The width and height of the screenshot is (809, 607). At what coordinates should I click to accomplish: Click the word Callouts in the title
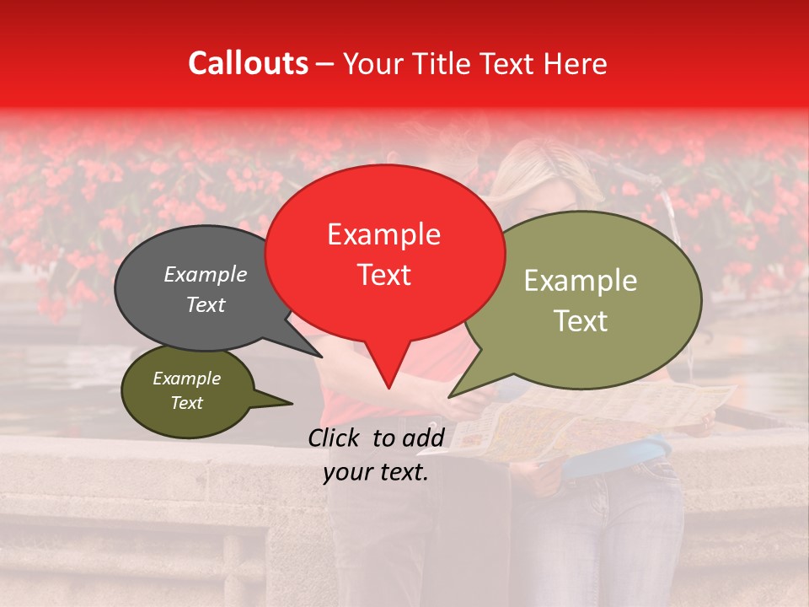[248, 63]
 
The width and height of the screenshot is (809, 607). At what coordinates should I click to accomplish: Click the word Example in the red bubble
[383, 234]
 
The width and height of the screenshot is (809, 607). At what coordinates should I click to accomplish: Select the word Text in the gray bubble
[205, 304]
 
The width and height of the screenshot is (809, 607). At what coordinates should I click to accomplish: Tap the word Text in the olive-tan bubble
[581, 321]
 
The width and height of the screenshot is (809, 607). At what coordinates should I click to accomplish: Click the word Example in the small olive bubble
[186, 379]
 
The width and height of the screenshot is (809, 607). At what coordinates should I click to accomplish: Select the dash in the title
[326, 63]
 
